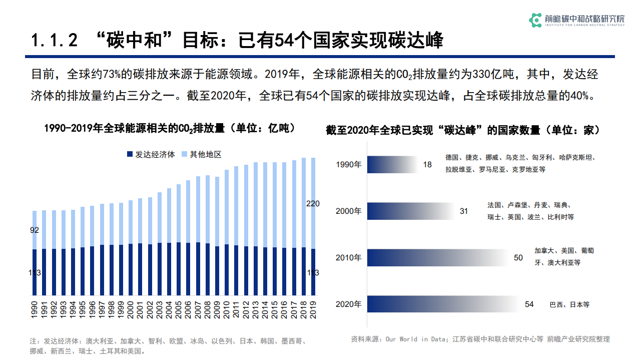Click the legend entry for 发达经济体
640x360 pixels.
[151, 154]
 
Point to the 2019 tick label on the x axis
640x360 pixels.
[314, 308]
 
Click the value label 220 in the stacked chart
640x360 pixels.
[313, 203]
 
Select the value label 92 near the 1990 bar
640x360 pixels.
[35, 230]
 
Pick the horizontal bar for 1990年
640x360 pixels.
[393, 164]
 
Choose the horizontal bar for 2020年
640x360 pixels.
[445, 304]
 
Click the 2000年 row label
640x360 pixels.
[348, 211]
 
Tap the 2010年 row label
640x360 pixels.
[348, 257]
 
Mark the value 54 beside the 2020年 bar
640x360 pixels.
[529, 304]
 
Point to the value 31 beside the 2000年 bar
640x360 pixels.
[464, 211]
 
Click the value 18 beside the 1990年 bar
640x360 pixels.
[427, 164]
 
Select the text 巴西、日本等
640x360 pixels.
[569, 304]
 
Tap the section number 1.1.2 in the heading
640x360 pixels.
[55, 41]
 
